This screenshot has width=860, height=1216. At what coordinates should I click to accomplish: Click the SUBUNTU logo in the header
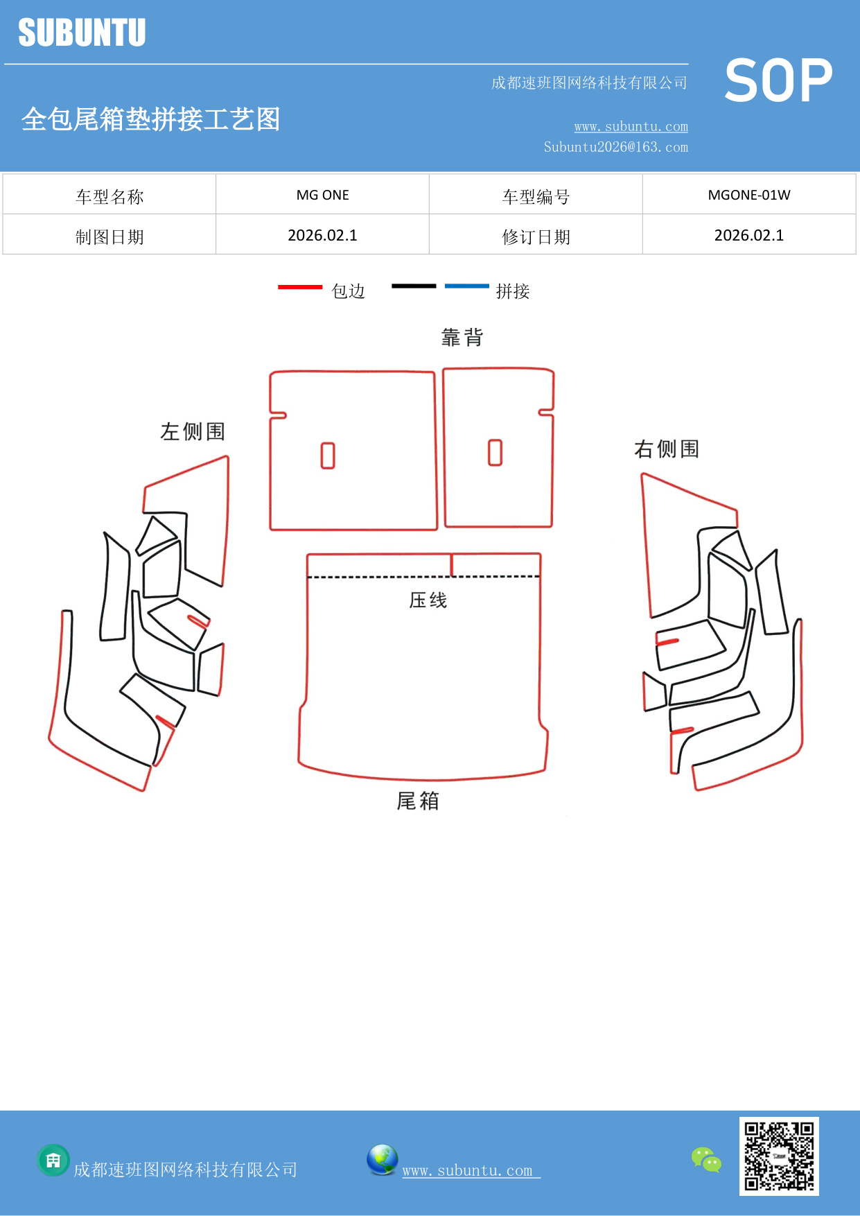(x=82, y=33)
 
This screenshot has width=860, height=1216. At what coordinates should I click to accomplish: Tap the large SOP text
(x=778, y=81)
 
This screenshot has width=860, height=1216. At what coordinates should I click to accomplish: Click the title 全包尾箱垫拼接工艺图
(x=150, y=119)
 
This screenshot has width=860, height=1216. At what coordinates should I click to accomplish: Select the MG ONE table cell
(x=322, y=195)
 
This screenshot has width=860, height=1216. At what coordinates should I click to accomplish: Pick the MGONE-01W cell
(x=748, y=195)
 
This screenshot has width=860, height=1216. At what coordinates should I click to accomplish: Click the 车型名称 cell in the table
(x=109, y=196)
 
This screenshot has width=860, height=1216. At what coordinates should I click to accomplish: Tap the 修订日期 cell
(x=536, y=236)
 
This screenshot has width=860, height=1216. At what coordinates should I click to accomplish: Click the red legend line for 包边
(x=299, y=286)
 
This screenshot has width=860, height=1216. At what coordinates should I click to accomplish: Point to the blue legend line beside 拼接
(x=466, y=286)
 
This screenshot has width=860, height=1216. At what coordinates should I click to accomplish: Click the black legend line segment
(x=414, y=286)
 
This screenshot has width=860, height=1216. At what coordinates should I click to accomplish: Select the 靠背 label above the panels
(x=462, y=338)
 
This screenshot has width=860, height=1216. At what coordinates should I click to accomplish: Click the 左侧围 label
(x=193, y=431)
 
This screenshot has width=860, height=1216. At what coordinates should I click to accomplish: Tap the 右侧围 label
(x=666, y=449)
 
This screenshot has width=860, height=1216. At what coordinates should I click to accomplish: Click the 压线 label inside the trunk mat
(x=428, y=600)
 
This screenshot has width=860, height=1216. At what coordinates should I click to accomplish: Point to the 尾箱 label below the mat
(x=417, y=801)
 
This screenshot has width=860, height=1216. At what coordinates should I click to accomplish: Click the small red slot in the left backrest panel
(x=328, y=455)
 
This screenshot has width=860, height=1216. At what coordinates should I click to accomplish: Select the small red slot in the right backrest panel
(x=495, y=452)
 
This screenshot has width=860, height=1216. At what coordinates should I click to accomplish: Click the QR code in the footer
(x=779, y=1156)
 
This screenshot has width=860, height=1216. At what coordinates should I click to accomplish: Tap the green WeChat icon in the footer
(x=706, y=1159)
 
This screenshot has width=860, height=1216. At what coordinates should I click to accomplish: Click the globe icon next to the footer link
(x=382, y=1160)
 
